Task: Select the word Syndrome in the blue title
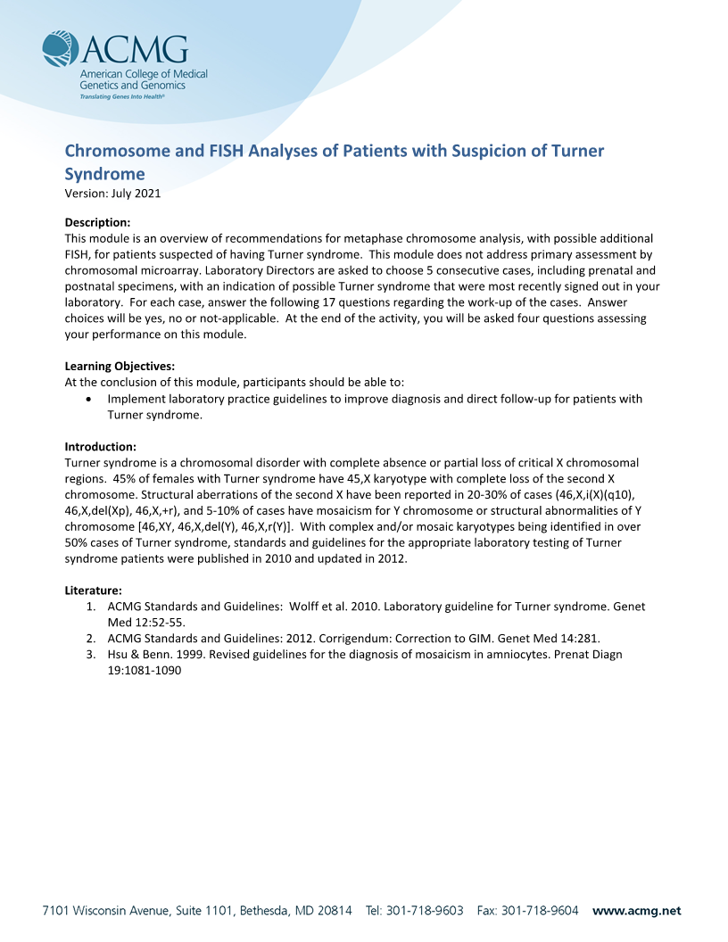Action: pyautogui.click(x=104, y=173)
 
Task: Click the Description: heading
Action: pyautogui.click(x=98, y=222)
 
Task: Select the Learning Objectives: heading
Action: pyautogui.click(x=120, y=366)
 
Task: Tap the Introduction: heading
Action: pyautogui.click(x=101, y=446)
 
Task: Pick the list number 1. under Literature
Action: pyautogui.click(x=91, y=606)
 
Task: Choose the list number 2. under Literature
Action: pyautogui.click(x=91, y=638)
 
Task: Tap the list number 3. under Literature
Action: pyautogui.click(x=91, y=654)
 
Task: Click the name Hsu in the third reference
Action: pyautogui.click(x=118, y=654)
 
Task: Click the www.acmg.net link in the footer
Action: pyautogui.click(x=636, y=911)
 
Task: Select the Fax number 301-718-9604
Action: pyautogui.click(x=541, y=911)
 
